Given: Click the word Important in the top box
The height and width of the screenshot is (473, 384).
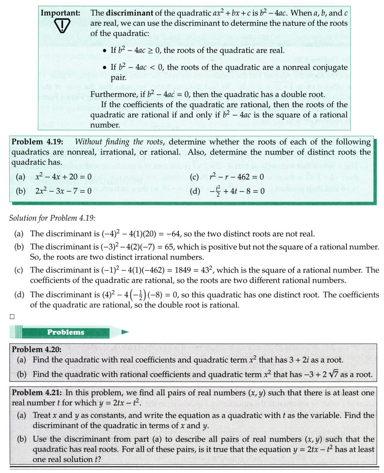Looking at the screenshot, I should click(60, 12).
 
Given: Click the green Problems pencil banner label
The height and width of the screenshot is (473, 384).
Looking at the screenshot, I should click(66, 332).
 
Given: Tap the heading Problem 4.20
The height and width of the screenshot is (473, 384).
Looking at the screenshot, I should click(36, 349).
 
